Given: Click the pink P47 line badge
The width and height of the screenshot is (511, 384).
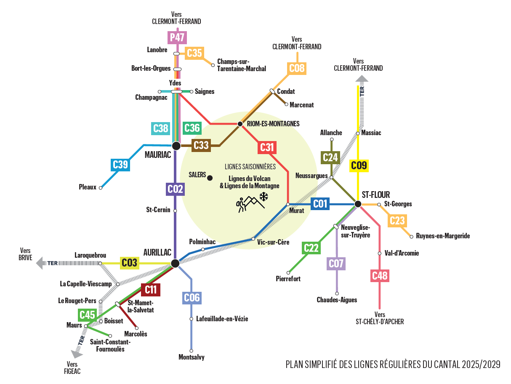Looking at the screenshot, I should (178, 37).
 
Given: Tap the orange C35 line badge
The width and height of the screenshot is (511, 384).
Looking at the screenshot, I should (194, 53).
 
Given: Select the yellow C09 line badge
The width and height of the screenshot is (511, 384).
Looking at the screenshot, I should (359, 165).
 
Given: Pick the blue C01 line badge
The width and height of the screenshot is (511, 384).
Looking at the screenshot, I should (320, 204).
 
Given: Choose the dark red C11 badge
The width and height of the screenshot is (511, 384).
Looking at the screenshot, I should (151, 289).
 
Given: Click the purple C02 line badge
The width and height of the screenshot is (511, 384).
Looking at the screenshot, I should (175, 189).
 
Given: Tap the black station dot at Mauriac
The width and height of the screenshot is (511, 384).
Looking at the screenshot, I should (176, 146).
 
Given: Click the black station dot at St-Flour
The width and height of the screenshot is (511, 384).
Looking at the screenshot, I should (357, 204).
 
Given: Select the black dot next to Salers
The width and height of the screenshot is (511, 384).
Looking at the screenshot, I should (210, 178).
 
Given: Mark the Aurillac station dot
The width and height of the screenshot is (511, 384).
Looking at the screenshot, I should (175, 264).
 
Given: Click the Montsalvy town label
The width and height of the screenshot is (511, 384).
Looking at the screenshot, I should (192, 357).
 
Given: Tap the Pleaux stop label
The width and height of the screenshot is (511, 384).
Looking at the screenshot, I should (88, 187).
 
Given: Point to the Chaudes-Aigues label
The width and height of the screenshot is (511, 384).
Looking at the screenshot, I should (337, 300).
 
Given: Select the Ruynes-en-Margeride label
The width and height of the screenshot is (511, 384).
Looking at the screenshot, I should (443, 236).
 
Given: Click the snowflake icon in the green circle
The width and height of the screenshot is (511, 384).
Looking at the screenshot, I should (264, 196).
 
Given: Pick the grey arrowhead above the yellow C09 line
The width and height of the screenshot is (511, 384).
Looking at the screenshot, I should (362, 78).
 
